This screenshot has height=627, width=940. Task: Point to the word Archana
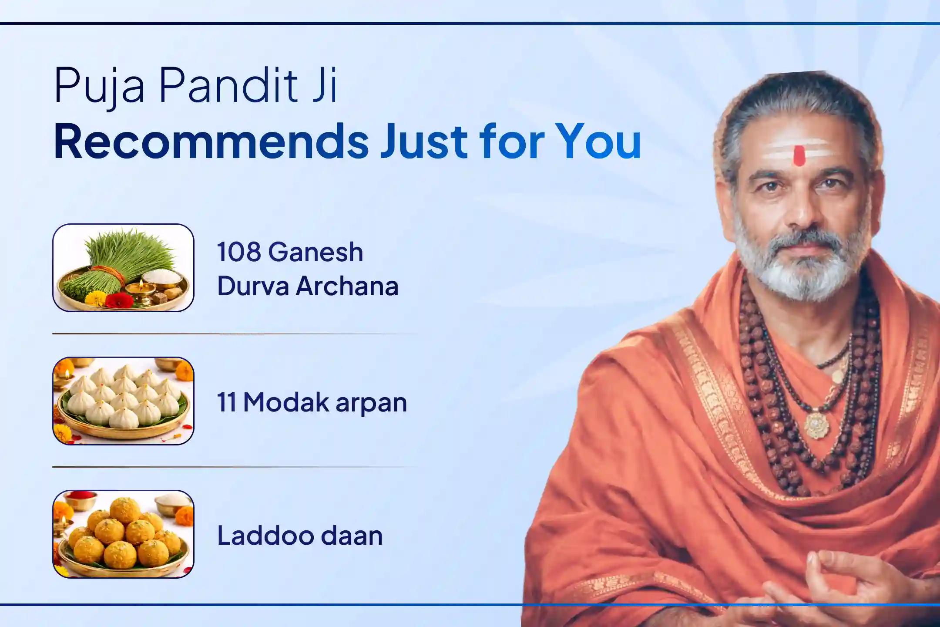[347, 287]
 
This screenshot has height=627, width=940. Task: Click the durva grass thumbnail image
[123, 268]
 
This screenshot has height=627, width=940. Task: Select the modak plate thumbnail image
[123, 401]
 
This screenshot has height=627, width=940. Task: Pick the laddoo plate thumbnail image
[123, 534]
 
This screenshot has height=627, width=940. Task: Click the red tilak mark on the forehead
[799, 155]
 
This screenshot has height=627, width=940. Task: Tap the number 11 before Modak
[226, 402]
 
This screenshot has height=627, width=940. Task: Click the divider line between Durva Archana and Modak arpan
[235, 334]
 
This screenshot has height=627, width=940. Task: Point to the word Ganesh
[316, 252]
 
